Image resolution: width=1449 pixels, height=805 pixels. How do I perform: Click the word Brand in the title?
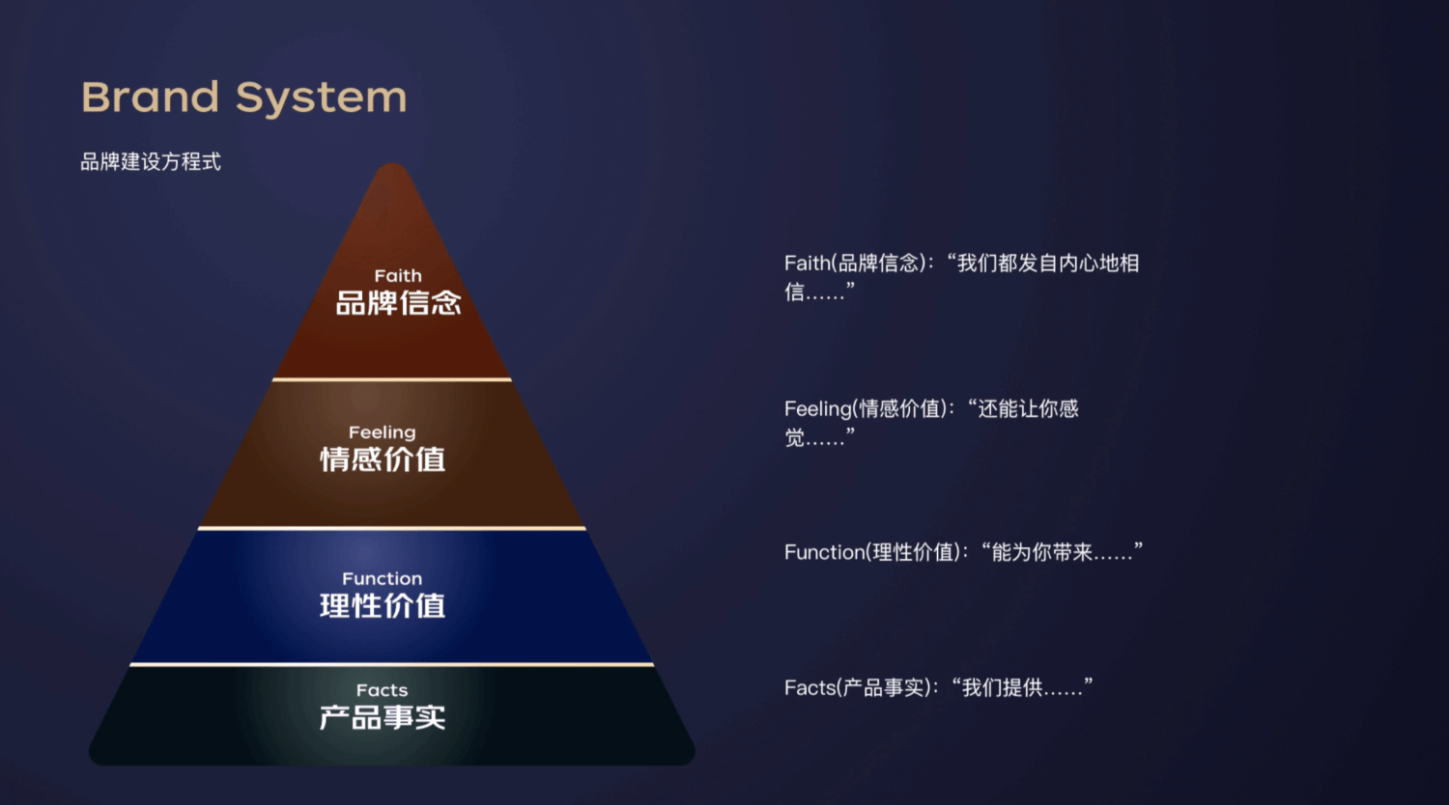[151, 97]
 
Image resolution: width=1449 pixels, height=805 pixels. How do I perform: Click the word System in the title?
[321, 98]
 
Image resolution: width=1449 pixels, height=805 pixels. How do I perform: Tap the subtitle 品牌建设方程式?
[151, 162]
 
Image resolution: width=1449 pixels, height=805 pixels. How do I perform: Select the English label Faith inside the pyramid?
[398, 276]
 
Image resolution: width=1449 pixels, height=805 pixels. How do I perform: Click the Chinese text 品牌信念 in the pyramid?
[398, 303]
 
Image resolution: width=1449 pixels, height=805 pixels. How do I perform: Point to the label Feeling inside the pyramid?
[383, 432]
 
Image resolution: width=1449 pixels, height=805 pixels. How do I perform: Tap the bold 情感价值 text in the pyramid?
[383, 459]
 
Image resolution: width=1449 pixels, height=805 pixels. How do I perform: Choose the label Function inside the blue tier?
[383, 579]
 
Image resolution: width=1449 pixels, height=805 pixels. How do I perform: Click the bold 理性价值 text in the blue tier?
[383, 606]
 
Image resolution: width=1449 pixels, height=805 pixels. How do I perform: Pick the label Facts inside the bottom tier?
[383, 690]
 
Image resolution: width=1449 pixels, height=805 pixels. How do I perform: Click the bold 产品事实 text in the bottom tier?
[383, 717]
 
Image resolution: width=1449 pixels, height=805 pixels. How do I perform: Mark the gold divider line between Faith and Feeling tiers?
[392, 379]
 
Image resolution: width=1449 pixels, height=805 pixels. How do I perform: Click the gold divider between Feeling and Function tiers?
[392, 528]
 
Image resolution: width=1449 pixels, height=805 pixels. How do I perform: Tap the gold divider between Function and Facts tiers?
[392, 664]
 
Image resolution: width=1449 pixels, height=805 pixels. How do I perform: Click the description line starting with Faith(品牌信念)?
[961, 264]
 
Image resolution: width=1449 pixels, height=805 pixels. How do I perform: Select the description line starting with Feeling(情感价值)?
[931, 409]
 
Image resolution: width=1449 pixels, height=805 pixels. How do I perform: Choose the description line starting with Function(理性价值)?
[963, 552]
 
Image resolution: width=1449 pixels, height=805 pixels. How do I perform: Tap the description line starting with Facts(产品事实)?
[938, 687]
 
